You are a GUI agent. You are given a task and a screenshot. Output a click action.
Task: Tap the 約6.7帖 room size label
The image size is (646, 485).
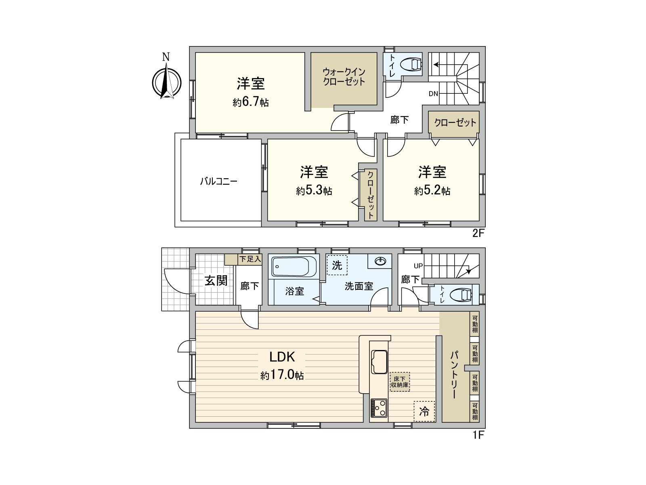click(250, 103)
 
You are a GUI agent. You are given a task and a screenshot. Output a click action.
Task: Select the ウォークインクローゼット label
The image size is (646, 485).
click(344, 77)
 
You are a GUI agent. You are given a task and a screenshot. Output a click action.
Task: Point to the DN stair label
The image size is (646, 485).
click(433, 94)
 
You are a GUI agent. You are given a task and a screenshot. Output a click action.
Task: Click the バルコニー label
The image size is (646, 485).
click(219, 181)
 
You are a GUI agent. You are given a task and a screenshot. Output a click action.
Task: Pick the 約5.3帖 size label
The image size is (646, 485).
click(314, 191)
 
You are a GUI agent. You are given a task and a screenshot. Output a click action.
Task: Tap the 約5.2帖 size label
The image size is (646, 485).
click(432, 191)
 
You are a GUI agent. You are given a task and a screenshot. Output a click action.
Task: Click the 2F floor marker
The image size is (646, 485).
click(478, 234)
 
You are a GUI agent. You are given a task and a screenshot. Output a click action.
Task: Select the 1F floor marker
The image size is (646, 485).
click(478, 435)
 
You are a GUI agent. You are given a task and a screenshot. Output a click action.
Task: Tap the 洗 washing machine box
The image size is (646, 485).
click(337, 265)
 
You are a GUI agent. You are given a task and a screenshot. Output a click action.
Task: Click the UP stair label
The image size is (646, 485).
click(418, 266)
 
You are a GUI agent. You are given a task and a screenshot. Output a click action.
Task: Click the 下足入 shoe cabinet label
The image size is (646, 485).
click(250, 259)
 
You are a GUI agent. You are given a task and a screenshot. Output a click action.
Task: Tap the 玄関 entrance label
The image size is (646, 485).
click(216, 280)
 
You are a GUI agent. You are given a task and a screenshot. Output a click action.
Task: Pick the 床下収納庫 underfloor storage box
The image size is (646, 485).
click(400, 382)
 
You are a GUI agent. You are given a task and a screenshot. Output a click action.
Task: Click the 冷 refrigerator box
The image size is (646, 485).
click(424, 411)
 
